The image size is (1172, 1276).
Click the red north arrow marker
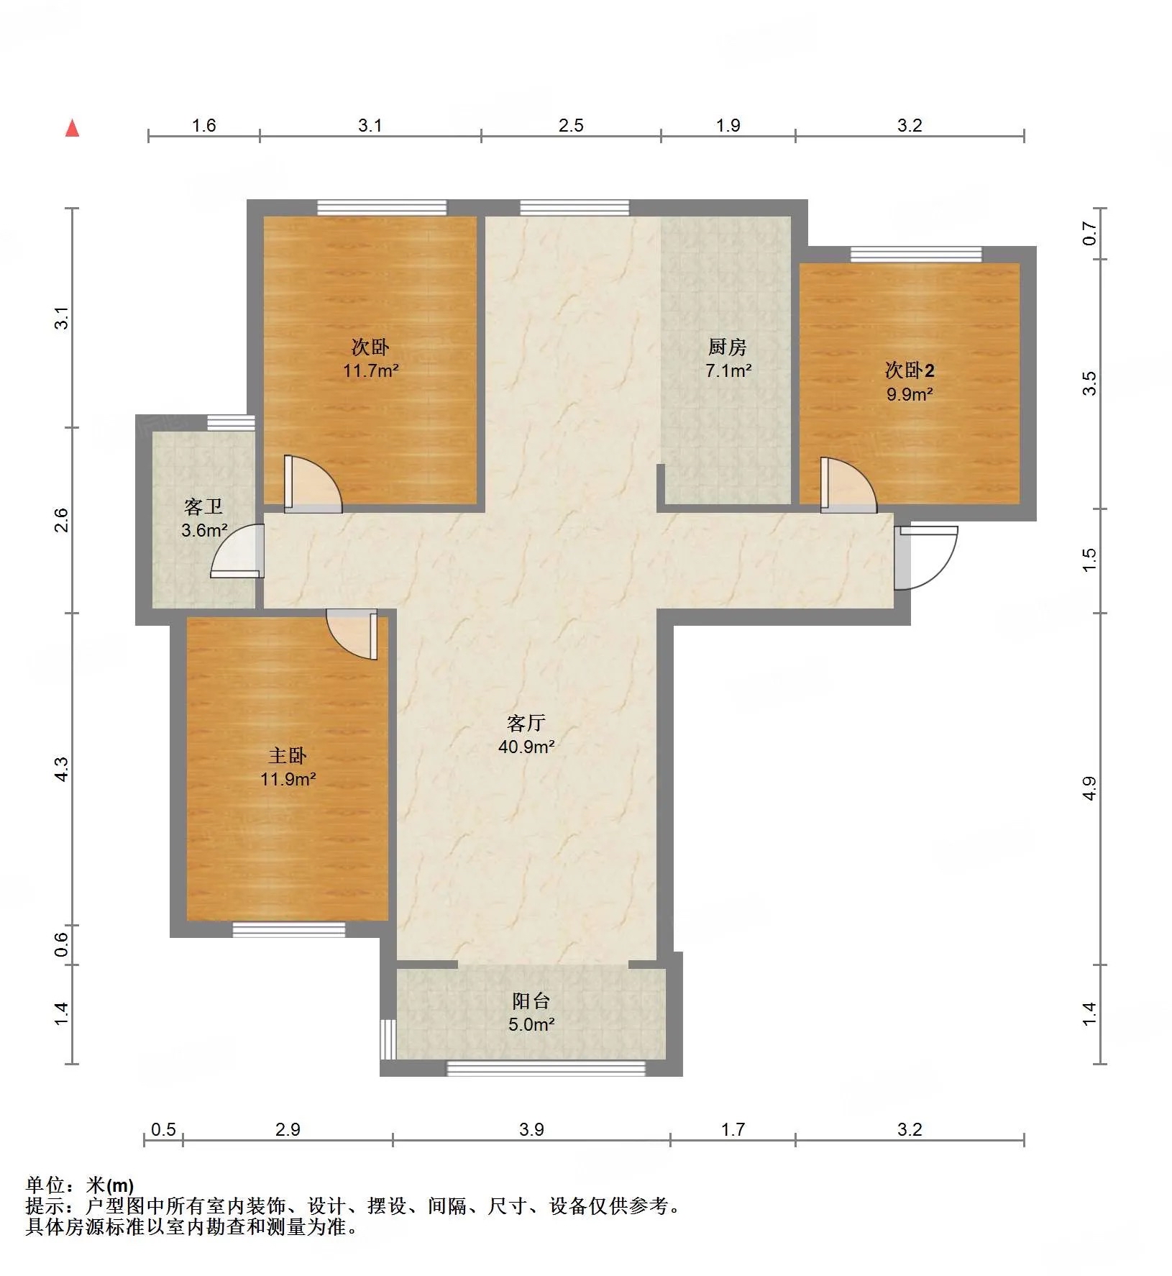point(72,128)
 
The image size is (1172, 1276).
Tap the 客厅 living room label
point(526,723)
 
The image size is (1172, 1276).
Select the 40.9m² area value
point(526,747)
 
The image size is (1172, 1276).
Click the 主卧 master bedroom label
point(288,755)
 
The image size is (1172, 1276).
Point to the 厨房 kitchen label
point(728,347)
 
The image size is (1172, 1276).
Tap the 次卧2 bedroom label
point(910,370)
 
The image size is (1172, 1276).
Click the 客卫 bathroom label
point(203,507)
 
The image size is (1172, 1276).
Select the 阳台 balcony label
point(531,1001)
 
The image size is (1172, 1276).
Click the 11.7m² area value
point(371,371)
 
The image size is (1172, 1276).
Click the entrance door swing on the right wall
point(926,558)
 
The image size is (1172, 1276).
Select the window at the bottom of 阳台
point(546,1069)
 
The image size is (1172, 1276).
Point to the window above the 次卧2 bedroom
point(916,254)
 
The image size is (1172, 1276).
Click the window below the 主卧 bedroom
point(289,929)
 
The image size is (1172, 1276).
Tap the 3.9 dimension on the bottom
point(531,1130)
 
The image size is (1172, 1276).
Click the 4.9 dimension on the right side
point(1090,788)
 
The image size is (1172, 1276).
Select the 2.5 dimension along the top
point(571,125)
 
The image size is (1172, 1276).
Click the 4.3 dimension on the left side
point(63,770)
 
